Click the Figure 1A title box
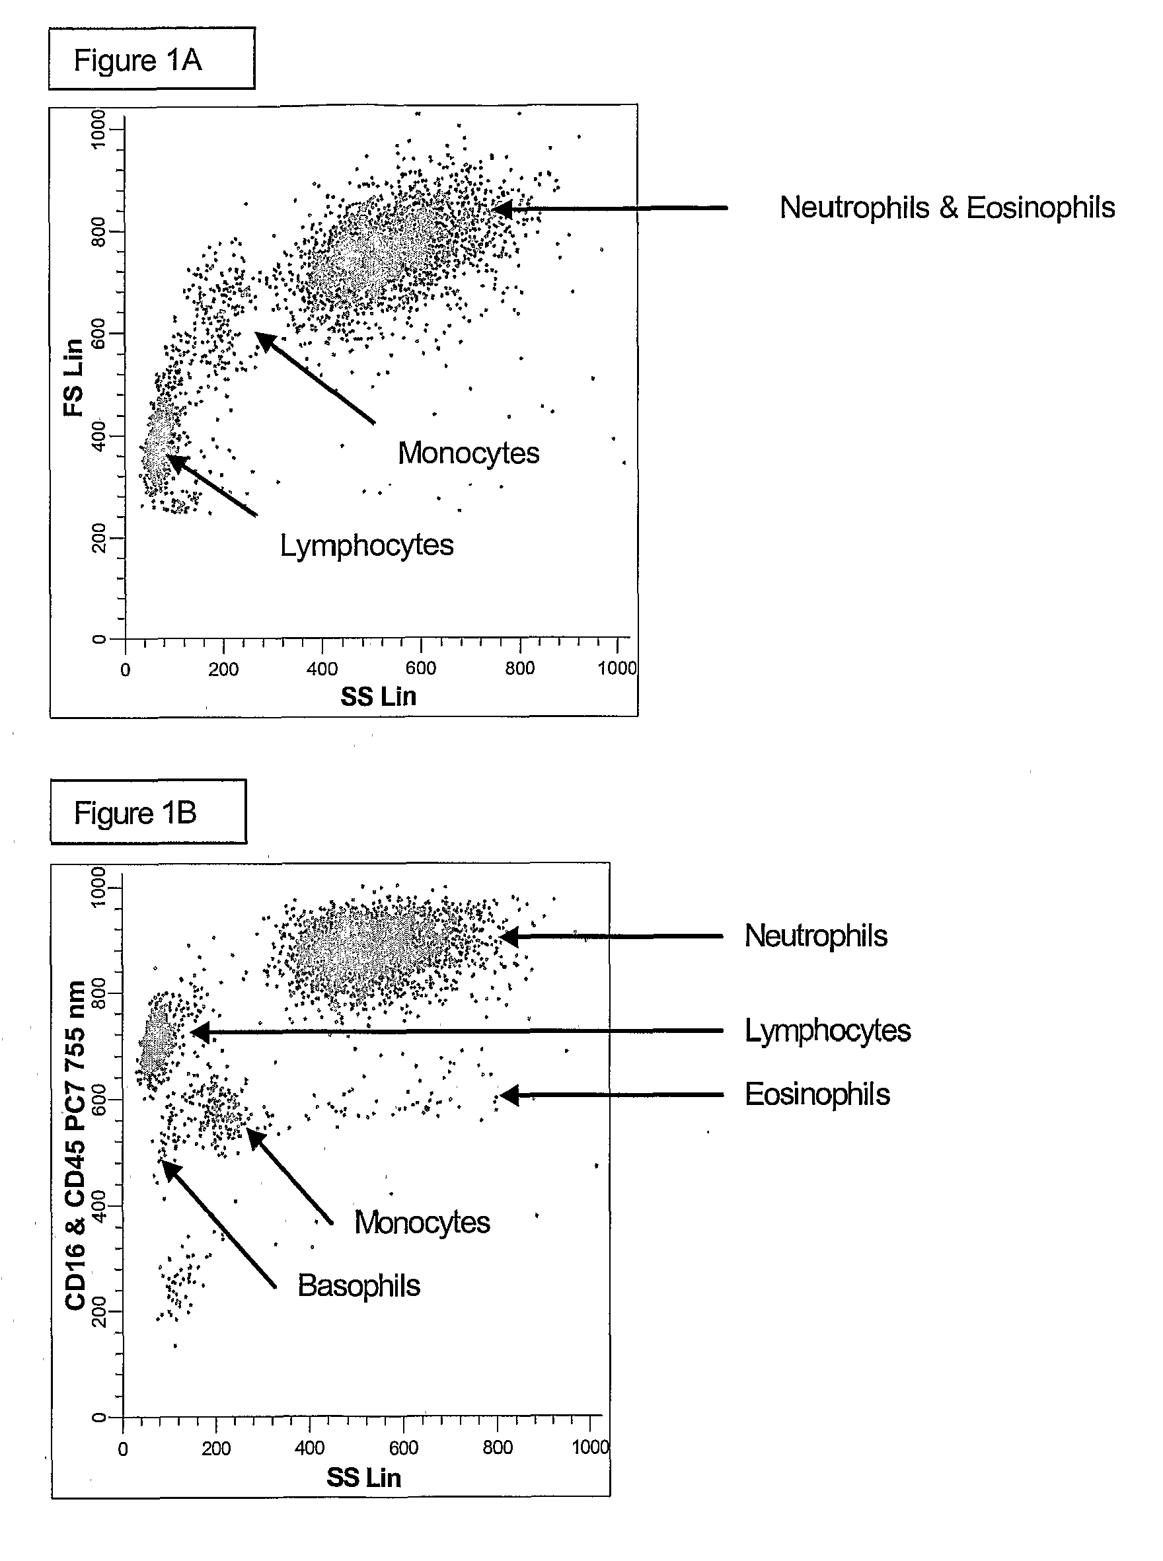click(151, 59)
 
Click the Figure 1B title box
click(148, 812)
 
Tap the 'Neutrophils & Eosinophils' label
click(947, 208)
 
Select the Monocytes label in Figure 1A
click(468, 453)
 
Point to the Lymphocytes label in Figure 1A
click(366, 545)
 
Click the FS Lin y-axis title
click(74, 377)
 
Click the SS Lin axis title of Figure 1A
click(378, 697)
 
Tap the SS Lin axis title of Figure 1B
click(363, 1477)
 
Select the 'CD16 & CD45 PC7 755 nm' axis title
click(75, 1144)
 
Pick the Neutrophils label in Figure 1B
click(816, 936)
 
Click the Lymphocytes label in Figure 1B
click(827, 1030)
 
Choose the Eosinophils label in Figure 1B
click(817, 1094)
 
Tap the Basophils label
click(358, 1285)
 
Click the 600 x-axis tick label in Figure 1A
click(420, 668)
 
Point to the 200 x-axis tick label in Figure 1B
click(215, 1449)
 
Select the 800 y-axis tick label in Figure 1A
click(98, 232)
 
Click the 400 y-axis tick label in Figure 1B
click(98, 1205)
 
